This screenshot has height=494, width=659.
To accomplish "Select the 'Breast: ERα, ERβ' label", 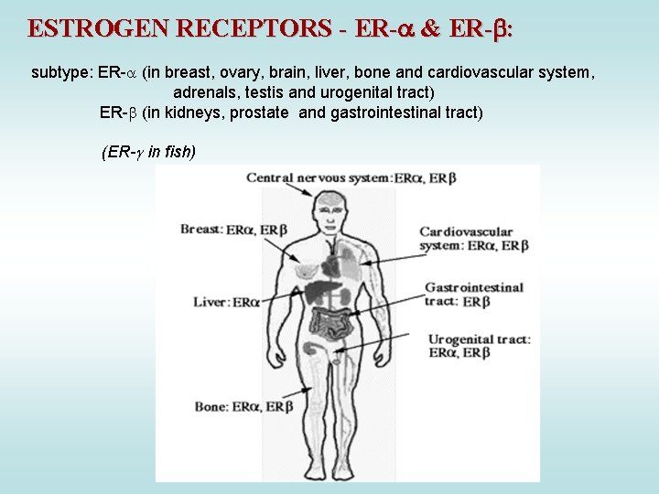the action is click(x=233, y=230).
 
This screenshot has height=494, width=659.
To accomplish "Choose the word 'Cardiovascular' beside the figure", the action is click(x=467, y=232).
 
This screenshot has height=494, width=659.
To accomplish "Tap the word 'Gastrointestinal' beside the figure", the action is click(x=474, y=287).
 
